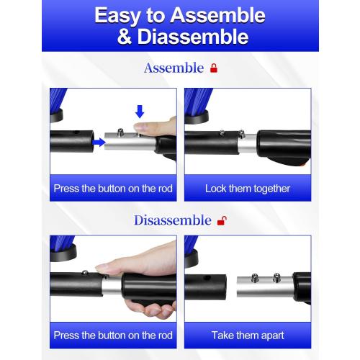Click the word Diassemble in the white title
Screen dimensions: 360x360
193,37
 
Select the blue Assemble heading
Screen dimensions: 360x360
174,68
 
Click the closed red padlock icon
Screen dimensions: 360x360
213,68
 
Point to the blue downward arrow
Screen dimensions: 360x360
140,111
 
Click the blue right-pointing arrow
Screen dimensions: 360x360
98,143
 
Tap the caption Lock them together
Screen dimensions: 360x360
247,189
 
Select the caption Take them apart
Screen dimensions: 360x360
247,335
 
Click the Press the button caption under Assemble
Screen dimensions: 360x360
113,189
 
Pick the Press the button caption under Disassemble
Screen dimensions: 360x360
113,335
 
